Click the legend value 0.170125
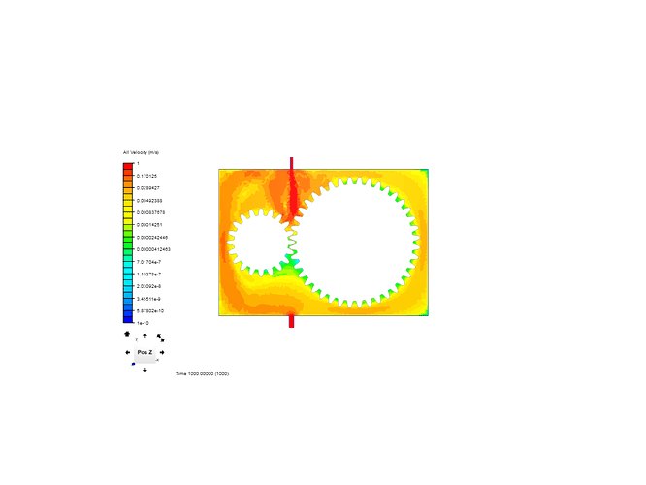[x=147, y=176]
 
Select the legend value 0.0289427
[x=149, y=187]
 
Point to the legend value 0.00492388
[x=149, y=200]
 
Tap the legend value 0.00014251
[x=149, y=224]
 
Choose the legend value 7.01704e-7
[x=149, y=261]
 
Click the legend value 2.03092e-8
[x=149, y=286]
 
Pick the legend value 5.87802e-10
[x=150, y=310]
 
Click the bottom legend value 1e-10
[x=143, y=322]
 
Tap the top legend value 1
[x=138, y=163]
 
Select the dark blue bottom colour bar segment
[x=128, y=316]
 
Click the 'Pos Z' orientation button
[x=144, y=352]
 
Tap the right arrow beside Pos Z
[x=162, y=352]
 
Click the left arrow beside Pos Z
[x=127, y=352]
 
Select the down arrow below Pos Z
[x=145, y=369]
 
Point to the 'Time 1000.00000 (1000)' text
[x=202, y=373]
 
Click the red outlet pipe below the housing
[x=291, y=321]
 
